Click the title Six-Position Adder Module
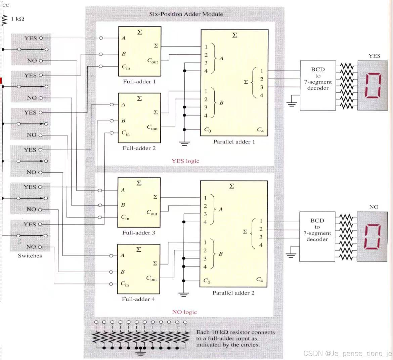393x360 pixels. click(x=186, y=14)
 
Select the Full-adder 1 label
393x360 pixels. click(x=139, y=82)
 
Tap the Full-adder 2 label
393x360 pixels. click(x=139, y=148)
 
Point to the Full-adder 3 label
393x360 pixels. click(x=139, y=233)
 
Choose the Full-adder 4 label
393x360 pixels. click(x=138, y=299)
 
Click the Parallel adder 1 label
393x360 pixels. click(x=234, y=142)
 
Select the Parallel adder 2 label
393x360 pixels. click(x=233, y=293)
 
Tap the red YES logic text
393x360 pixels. click(x=185, y=161)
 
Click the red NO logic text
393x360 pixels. click(x=184, y=312)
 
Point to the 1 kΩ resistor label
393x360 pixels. click(x=17, y=19)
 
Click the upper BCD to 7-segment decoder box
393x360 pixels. click(x=318, y=85)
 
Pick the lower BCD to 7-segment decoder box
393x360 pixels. click(x=317, y=236)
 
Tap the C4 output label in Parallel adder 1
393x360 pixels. click(x=260, y=130)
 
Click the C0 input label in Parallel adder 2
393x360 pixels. click(x=207, y=281)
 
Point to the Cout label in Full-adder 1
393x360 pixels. click(x=152, y=61)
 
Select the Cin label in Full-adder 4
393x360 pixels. click(x=125, y=284)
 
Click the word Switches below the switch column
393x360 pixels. click(x=30, y=256)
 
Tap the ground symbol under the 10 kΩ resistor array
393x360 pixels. click(x=141, y=353)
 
